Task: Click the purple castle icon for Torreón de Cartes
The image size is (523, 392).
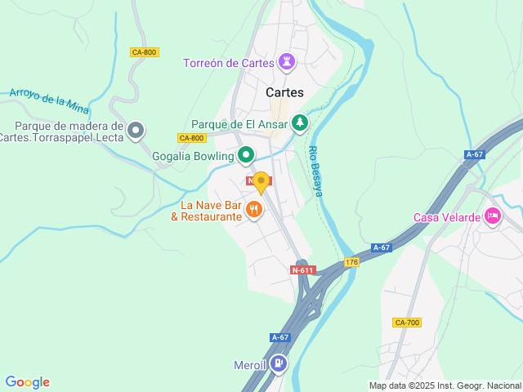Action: pyautogui.click(x=287, y=62)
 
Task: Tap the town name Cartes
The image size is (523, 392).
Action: pyautogui.click(x=284, y=92)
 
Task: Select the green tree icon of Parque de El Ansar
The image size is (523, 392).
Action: pyautogui.click(x=301, y=123)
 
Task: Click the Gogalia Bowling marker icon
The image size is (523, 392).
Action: pyautogui.click(x=245, y=154)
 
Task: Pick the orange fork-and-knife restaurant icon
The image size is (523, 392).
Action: pyautogui.click(x=255, y=210)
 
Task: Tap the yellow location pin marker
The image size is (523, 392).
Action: pyautogui.click(x=261, y=181)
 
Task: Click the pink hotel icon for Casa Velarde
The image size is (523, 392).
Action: pyautogui.click(x=492, y=216)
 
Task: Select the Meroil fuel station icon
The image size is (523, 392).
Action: pyautogui.click(x=279, y=362)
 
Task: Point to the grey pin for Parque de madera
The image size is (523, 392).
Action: pyautogui.click(x=136, y=130)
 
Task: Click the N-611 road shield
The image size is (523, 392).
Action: pyautogui.click(x=302, y=269)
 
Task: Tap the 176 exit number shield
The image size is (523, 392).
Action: pyautogui.click(x=351, y=262)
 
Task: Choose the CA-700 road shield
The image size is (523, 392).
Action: pyautogui.click(x=406, y=323)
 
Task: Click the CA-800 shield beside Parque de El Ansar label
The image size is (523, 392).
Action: pyautogui.click(x=190, y=138)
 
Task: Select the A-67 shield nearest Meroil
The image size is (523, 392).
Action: pyautogui.click(x=279, y=337)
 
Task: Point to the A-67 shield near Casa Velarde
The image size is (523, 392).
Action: pyautogui.click(x=474, y=154)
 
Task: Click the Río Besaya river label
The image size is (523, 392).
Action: pyautogui.click(x=315, y=171)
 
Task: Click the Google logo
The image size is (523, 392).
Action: pyautogui.click(x=27, y=382)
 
